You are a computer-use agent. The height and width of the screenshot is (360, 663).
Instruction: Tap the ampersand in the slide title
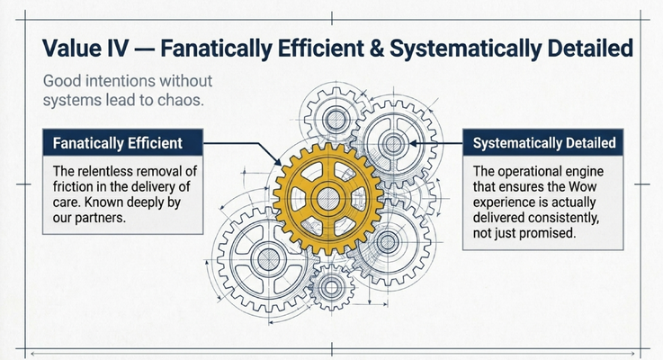(376, 48)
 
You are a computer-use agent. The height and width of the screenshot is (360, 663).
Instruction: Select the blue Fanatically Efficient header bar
(123, 142)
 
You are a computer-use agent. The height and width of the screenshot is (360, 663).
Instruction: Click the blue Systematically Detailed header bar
(543, 142)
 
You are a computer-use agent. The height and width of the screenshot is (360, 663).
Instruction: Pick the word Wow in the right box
(583, 186)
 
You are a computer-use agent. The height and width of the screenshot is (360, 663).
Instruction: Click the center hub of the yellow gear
(328, 199)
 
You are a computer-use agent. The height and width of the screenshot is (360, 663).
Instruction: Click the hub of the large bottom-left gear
(268, 259)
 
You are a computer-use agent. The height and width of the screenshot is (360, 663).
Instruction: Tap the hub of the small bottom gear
(331, 288)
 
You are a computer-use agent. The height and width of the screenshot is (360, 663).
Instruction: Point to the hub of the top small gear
(336, 119)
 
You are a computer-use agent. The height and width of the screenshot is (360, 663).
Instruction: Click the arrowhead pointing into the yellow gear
(277, 162)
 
